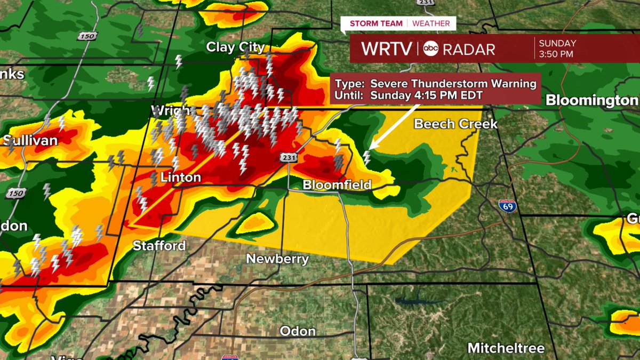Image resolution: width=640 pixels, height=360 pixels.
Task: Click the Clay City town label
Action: (x=236, y=47)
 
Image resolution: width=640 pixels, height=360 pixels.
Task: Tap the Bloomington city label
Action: (x=592, y=100)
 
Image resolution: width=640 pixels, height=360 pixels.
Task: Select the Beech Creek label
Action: (x=456, y=124)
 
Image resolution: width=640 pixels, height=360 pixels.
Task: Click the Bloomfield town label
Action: (x=337, y=185)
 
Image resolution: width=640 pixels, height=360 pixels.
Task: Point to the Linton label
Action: (x=180, y=177)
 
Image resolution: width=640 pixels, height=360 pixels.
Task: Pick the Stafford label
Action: (x=159, y=246)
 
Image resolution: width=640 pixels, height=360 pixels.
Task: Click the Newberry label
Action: (x=277, y=259)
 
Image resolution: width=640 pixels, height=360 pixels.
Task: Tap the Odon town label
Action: (x=298, y=331)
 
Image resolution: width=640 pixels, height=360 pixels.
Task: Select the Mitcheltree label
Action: (x=506, y=348)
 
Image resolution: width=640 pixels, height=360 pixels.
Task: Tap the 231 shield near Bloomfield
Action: (x=286, y=158)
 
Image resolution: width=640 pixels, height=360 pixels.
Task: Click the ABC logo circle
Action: (x=430, y=49)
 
